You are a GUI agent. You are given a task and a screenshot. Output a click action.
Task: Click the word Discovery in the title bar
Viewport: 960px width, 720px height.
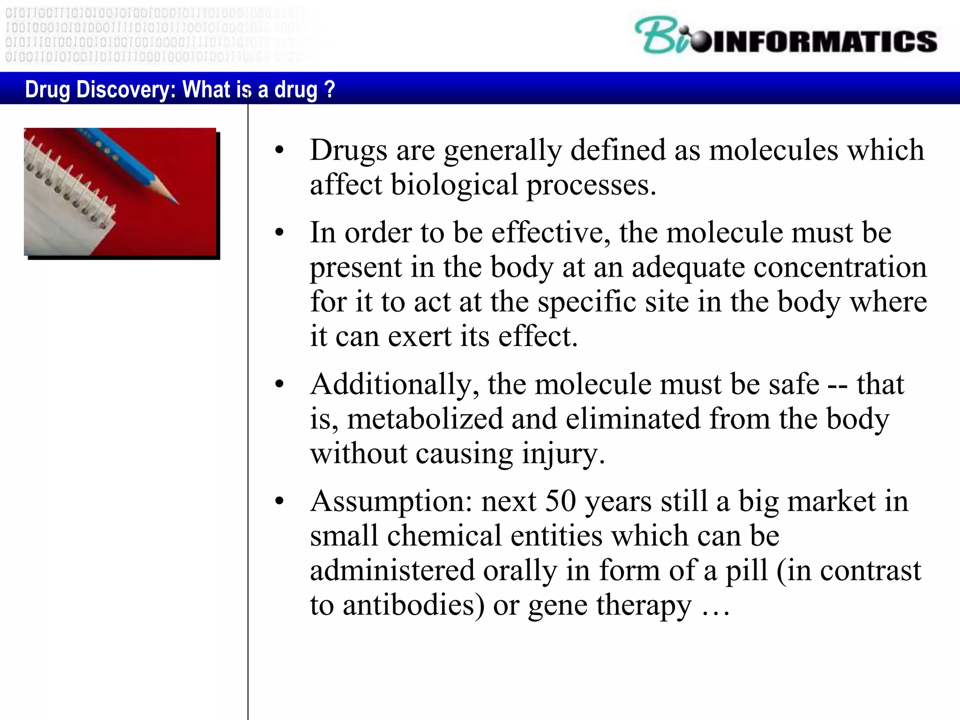(125, 89)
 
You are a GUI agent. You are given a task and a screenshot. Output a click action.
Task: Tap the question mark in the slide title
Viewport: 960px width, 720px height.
(330, 89)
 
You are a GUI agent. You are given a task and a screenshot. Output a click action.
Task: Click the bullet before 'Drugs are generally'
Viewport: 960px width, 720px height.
(280, 151)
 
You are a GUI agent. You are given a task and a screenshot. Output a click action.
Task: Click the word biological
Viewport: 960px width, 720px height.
(454, 185)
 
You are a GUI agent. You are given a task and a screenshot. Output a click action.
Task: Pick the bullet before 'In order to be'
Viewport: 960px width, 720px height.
(280, 233)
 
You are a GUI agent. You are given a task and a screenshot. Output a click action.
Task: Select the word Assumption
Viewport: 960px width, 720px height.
(391, 501)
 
